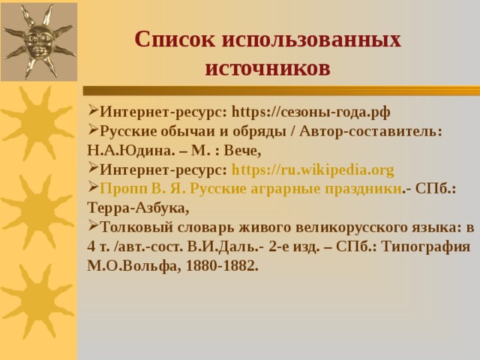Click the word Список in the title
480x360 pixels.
175,40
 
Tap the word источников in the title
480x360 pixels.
268,68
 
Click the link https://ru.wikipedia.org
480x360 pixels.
313,170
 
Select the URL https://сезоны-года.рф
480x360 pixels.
311,112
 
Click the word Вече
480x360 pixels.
242,151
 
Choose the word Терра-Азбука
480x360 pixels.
138,208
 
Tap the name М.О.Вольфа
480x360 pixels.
133,266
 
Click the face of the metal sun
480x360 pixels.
38,42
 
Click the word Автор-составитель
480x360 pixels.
370,132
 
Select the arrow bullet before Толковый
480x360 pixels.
93,226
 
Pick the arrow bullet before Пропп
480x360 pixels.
93,187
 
